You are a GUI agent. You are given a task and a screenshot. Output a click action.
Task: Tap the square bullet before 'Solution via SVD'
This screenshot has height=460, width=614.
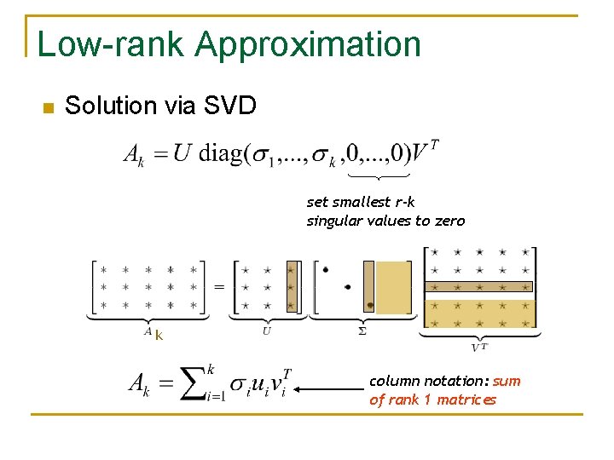coord(47,108)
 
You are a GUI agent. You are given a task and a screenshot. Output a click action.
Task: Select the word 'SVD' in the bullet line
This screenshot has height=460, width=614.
coord(230,106)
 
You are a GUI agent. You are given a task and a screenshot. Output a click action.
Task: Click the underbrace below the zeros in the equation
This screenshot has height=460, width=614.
coord(380,175)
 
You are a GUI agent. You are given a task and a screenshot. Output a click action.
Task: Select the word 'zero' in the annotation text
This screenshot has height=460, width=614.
coord(449,221)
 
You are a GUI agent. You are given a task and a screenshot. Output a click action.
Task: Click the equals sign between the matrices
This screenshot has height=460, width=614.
coord(219,287)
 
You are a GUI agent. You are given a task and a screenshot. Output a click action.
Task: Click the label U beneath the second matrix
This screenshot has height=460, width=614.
coord(267,331)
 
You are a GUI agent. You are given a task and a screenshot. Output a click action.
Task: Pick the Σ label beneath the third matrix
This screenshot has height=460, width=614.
coord(362,331)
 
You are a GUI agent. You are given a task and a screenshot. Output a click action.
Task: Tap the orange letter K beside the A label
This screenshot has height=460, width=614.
coord(159,336)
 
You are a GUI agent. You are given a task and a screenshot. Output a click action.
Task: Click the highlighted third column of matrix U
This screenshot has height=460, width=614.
coord(292,287)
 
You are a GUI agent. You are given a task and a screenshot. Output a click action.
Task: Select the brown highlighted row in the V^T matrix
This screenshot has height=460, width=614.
coord(478,287)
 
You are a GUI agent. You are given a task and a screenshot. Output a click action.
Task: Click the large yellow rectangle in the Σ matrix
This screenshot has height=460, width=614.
coord(393,287)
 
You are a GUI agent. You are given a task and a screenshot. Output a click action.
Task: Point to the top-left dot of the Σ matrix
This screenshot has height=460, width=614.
coord(325,270)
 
